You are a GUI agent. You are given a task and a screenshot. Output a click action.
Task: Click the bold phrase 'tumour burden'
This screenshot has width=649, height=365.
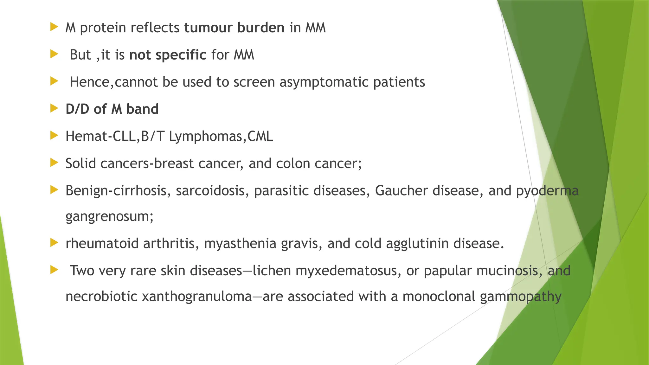click(x=234, y=28)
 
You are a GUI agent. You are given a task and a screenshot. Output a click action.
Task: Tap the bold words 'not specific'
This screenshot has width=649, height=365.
click(x=168, y=55)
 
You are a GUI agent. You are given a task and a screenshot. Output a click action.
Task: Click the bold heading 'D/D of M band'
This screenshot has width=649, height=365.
click(x=112, y=109)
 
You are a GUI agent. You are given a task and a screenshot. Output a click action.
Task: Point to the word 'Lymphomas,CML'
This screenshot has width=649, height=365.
click(x=221, y=137)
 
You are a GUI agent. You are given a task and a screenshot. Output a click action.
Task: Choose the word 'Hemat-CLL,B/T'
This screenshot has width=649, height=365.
click(x=115, y=137)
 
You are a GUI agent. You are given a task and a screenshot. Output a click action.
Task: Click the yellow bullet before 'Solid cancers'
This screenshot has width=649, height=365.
click(x=54, y=163)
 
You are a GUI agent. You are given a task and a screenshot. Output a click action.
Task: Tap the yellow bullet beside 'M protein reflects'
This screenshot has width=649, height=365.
click(x=54, y=27)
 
